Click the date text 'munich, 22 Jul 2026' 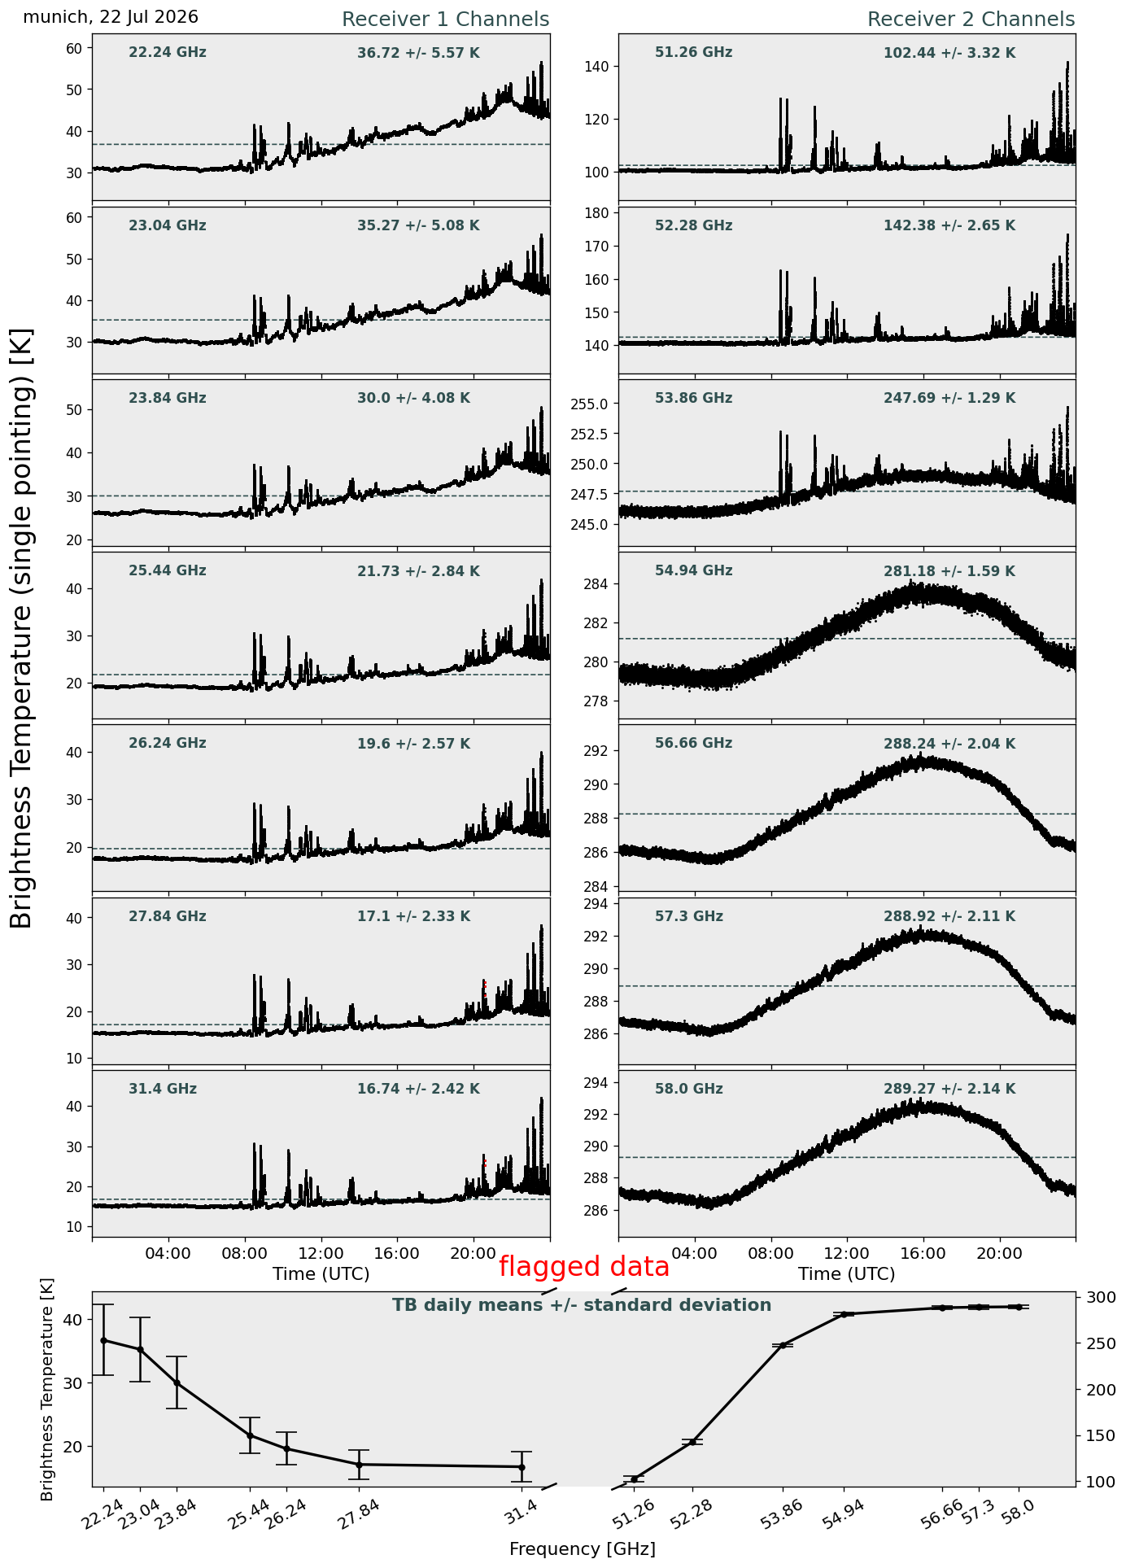tap(111, 17)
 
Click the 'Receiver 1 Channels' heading tap(445, 20)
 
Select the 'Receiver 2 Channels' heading tap(971, 20)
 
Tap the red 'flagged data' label tap(584, 1267)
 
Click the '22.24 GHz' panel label tap(168, 53)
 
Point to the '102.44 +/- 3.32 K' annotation tap(949, 54)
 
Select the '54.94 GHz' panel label tap(693, 571)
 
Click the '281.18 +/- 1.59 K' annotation tap(949, 572)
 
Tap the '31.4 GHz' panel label tap(163, 1089)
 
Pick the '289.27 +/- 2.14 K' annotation tap(949, 1090)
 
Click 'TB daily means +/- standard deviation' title tap(582, 1305)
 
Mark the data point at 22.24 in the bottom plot tap(103, 1340)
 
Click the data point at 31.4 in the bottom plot tap(522, 1467)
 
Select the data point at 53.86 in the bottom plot tap(783, 1346)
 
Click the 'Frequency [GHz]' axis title tap(583, 1549)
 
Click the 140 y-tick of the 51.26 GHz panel tap(597, 67)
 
